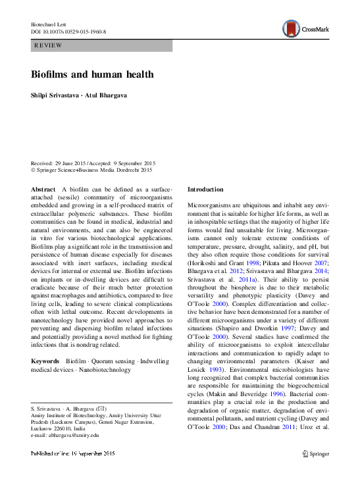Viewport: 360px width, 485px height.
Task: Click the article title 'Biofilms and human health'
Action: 92,74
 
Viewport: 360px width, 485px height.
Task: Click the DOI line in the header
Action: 68,32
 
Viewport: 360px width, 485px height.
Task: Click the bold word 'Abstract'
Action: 43,189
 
